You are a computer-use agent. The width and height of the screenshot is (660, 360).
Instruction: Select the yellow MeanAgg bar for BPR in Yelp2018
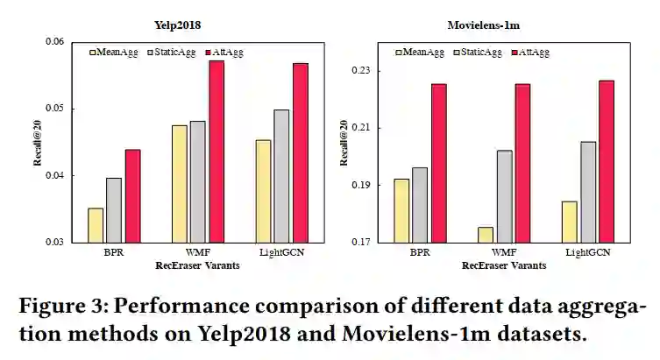coord(96,224)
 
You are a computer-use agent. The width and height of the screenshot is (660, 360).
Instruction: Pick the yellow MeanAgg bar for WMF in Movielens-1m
coord(486,234)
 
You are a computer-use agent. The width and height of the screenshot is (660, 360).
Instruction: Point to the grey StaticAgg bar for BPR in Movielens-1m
coord(419,204)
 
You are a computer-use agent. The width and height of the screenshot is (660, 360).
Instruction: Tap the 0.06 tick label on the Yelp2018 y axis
coord(54,42)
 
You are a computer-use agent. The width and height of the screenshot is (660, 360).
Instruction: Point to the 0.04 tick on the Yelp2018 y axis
coord(54,175)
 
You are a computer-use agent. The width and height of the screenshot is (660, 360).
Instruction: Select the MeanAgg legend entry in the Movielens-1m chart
coord(418,53)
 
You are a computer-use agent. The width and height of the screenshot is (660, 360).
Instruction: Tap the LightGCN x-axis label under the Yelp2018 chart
coord(281,252)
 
